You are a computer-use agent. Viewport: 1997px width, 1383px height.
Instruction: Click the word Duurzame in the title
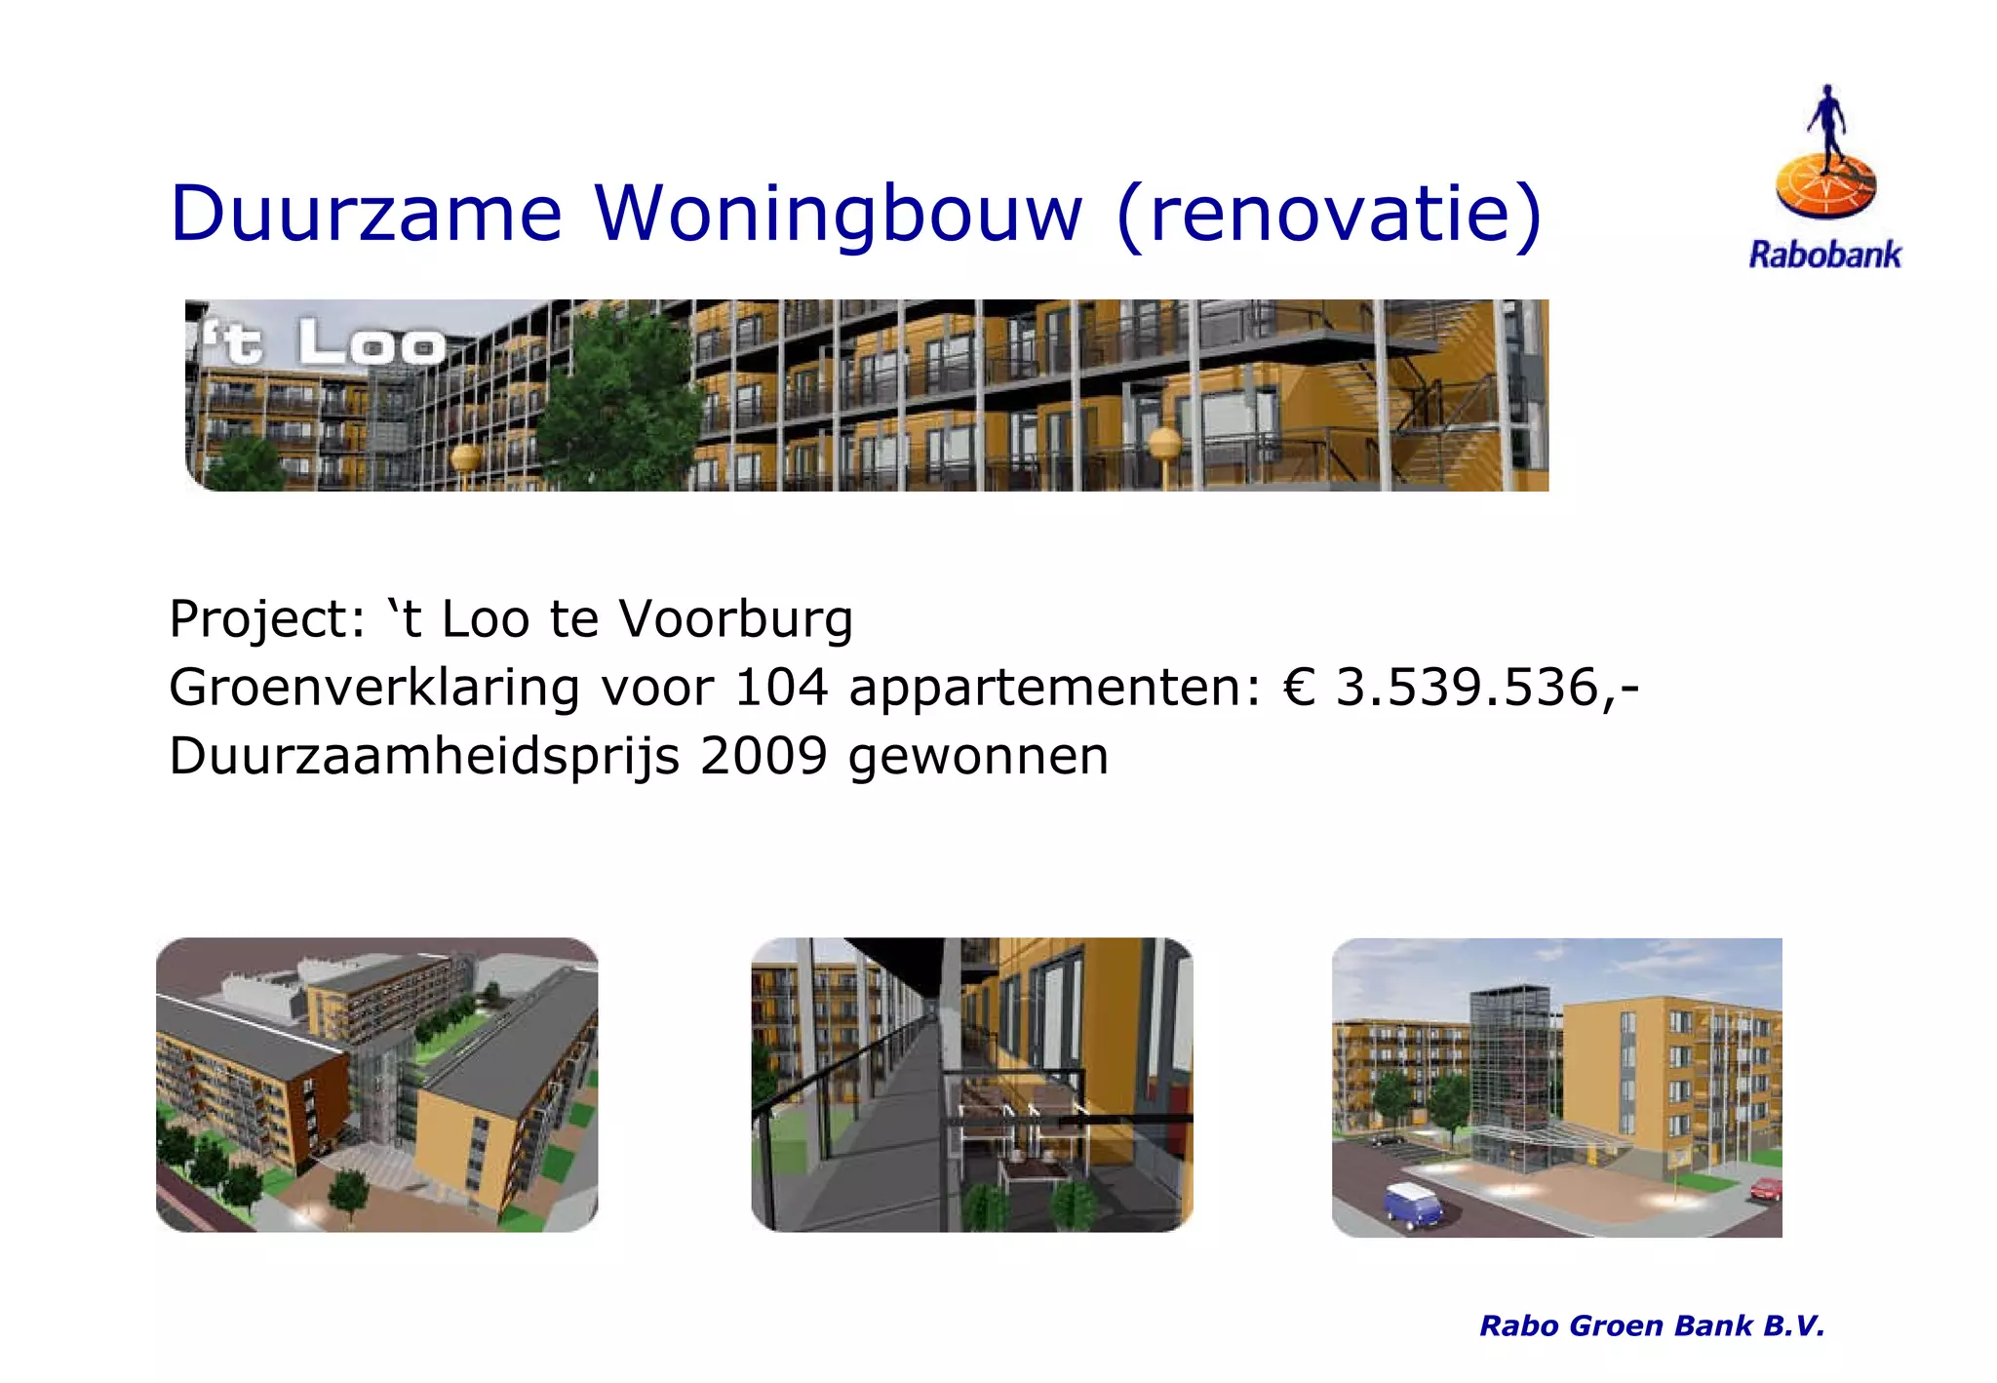click(x=366, y=214)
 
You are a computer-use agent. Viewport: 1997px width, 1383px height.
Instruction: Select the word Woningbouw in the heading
click(x=839, y=214)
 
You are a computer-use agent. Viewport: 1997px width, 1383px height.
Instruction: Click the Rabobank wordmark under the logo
click(x=1824, y=256)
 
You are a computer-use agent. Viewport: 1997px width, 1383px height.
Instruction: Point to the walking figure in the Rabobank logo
click(x=1825, y=127)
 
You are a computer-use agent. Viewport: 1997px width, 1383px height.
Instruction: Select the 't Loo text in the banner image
click(x=322, y=343)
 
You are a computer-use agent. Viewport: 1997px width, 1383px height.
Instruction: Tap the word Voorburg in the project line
click(x=736, y=618)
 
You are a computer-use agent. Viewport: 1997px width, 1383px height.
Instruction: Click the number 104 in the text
click(x=780, y=687)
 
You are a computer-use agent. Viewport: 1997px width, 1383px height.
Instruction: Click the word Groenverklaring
click(x=374, y=687)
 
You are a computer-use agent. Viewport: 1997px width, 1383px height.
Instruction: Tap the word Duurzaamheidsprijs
click(x=423, y=756)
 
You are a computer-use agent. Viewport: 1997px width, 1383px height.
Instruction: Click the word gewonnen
click(x=978, y=756)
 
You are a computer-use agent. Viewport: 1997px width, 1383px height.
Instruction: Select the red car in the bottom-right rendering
click(x=1766, y=1188)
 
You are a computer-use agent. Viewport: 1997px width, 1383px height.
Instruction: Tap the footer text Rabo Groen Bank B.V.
click(x=1651, y=1325)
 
